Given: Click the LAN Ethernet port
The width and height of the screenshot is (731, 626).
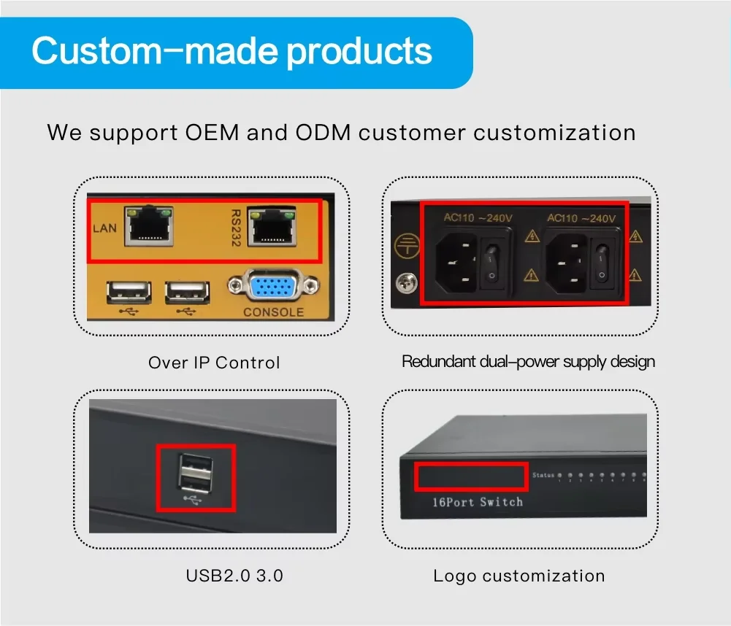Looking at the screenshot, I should point(150,228).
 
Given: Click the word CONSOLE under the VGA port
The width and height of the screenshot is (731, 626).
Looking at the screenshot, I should point(273,312).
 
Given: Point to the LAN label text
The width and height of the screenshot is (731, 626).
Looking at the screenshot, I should point(105,228).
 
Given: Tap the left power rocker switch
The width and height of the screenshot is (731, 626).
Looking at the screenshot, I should point(491,264).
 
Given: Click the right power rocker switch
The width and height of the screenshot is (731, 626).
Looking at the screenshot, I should point(601,263).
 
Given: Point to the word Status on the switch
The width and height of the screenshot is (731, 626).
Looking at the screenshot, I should point(543,476).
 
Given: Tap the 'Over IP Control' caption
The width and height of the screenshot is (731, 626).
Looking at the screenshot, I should point(214,363).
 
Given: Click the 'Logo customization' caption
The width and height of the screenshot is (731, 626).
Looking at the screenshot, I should point(518,576).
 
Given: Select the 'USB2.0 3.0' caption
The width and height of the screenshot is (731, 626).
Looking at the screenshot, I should point(234,576).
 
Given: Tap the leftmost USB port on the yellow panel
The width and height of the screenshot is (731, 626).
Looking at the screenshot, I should point(129,293).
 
